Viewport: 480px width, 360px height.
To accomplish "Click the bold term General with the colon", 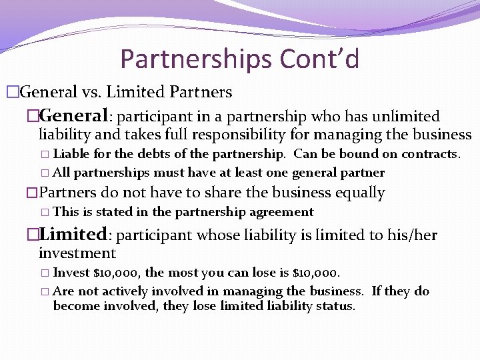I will [x=74, y=116].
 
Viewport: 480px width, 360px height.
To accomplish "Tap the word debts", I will [x=156, y=154].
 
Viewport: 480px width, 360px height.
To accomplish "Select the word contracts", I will [x=433, y=154].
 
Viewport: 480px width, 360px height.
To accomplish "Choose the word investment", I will [x=77, y=253].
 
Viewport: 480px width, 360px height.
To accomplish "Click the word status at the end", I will [x=335, y=306].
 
